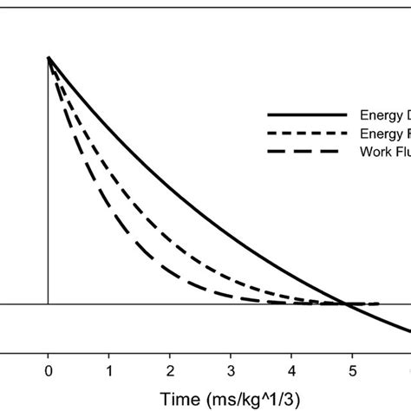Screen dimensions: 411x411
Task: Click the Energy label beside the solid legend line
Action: click(379, 114)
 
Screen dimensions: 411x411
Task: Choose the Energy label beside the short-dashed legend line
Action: click(379, 133)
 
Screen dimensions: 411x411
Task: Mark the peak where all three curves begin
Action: click(48, 57)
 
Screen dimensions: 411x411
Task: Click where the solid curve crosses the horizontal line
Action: click(345, 303)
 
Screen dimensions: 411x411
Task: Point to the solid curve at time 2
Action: click(170, 186)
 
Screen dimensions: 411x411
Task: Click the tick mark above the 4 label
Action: click(291, 353)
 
